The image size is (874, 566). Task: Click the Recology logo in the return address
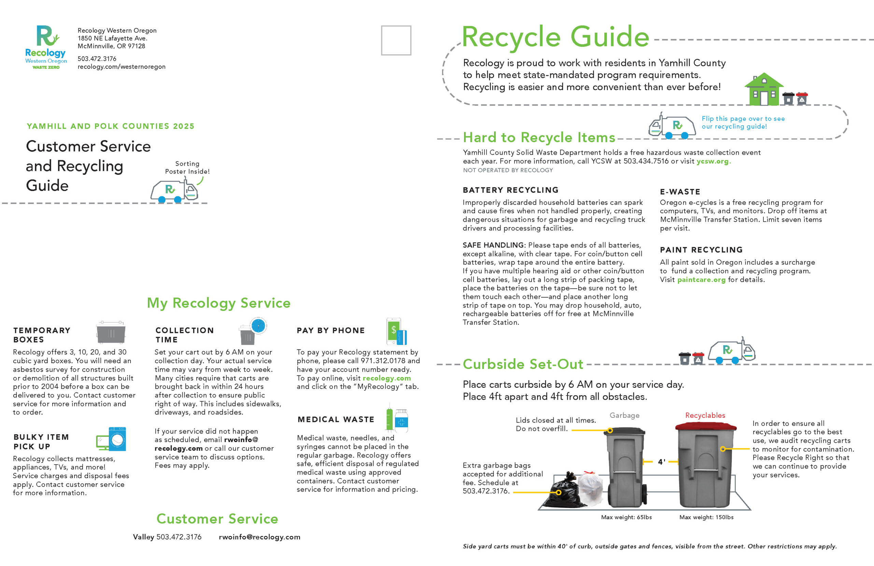tap(46, 47)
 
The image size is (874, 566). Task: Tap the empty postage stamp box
tap(396, 40)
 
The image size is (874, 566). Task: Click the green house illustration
tap(764, 89)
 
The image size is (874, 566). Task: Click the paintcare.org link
tap(701, 280)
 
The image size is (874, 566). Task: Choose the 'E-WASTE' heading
tap(680, 192)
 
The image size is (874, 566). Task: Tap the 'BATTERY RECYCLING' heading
tap(510, 190)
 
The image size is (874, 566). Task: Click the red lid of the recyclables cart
tap(706, 426)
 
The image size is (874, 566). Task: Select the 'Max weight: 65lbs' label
tap(626, 517)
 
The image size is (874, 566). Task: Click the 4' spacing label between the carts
tap(661, 462)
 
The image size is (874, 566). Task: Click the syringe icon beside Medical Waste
tap(390, 417)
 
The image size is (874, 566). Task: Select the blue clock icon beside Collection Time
tap(258, 326)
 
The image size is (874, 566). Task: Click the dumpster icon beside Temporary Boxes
tap(111, 332)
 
